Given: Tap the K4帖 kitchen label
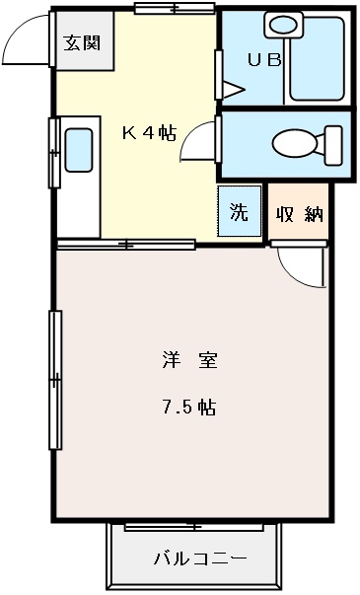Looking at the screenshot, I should pos(149,133).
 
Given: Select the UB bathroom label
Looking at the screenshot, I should pos(263,59).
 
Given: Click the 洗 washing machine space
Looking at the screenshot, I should pos(240,211).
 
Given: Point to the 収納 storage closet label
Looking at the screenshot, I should pos(300,214).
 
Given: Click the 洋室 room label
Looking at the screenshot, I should pos(189,360).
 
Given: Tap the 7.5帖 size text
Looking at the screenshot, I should pos(189,407).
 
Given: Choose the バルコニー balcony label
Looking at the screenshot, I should pos(199,559).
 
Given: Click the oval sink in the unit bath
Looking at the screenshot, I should pos(287,26).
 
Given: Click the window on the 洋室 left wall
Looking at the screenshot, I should pos(55,379).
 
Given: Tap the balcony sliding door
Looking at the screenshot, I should pos(194,527).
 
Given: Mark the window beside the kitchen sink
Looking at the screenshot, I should pos(53,152).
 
